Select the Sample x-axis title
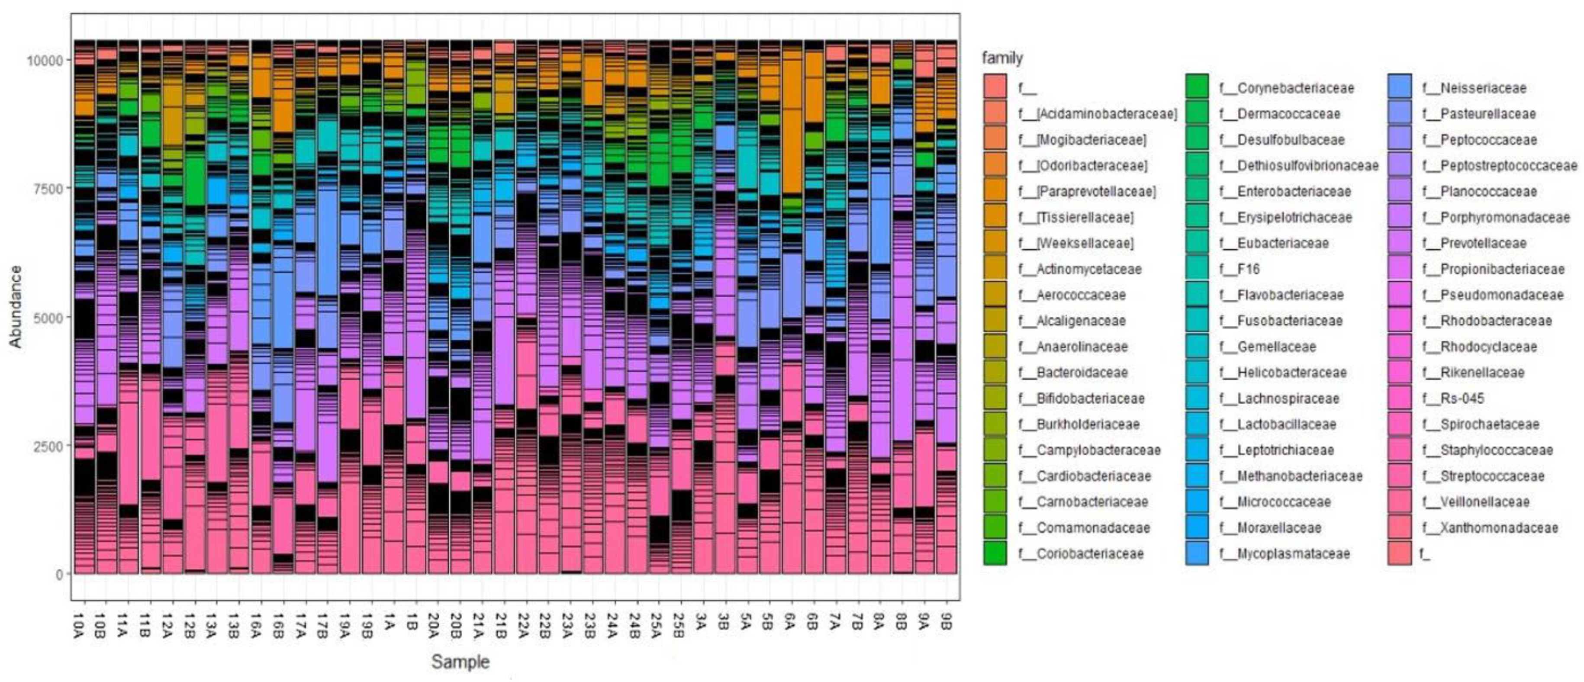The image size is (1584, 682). [460, 662]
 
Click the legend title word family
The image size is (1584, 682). [1002, 58]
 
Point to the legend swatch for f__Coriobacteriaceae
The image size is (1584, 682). [995, 553]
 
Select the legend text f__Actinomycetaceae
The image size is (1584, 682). [1088, 269]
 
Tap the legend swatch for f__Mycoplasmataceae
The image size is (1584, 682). [1197, 553]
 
